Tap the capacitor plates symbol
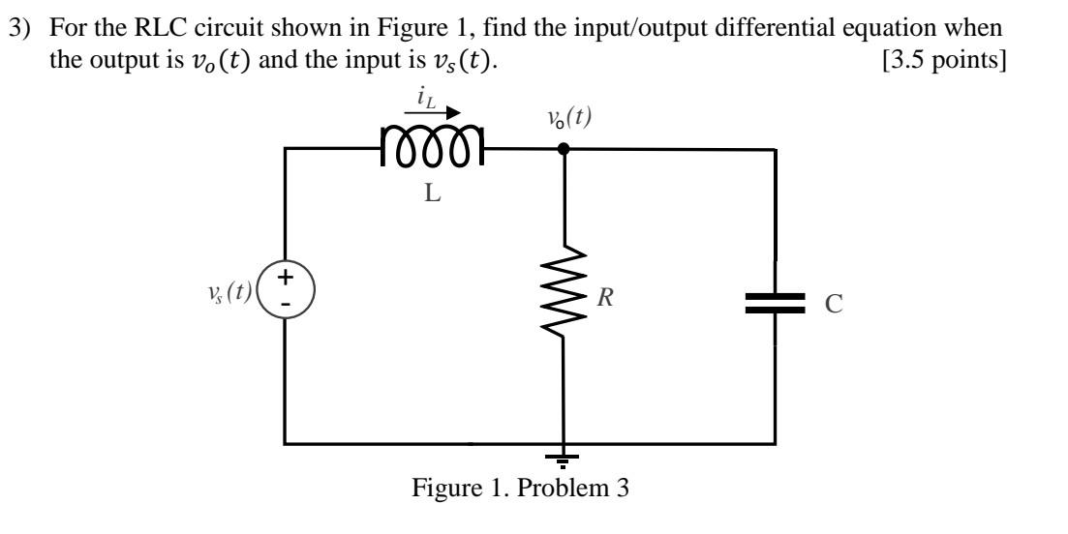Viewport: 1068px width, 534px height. tap(776, 301)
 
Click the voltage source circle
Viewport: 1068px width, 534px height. tap(286, 288)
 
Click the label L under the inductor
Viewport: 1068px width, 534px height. tap(432, 193)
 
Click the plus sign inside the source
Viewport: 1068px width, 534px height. tap(287, 276)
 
